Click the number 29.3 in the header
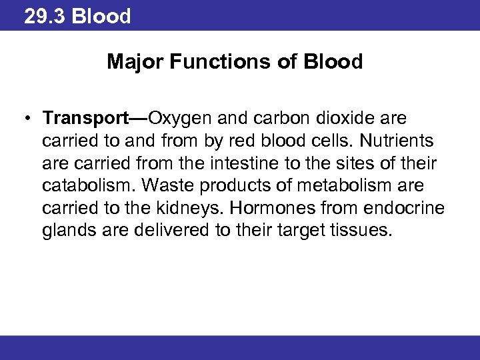click(45, 16)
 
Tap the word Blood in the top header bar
click(101, 16)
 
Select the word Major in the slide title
click(133, 63)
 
